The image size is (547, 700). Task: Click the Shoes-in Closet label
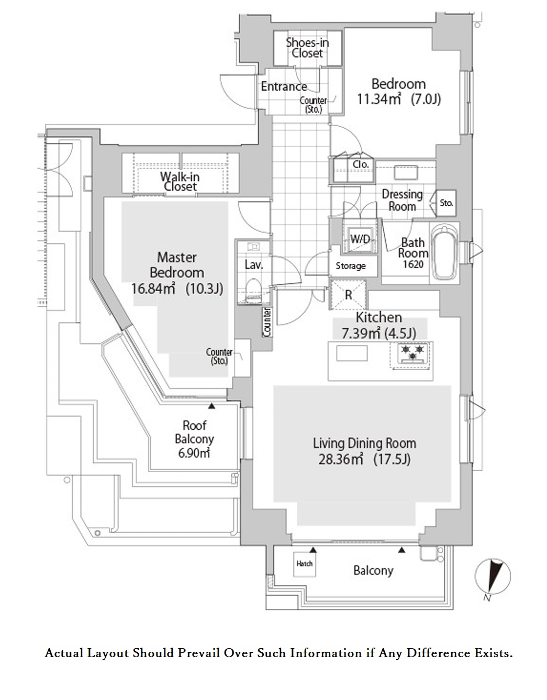pos(307,48)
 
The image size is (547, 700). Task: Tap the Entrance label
pos(284,86)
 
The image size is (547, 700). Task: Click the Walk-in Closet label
pos(180,181)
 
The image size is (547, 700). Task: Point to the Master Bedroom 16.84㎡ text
pos(177,273)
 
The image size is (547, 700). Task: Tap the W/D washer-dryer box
pos(360,239)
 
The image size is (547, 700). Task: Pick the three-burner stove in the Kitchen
pos(412,352)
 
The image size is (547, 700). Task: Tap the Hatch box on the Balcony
pos(305,564)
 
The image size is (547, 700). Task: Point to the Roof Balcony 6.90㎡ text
pos(194,439)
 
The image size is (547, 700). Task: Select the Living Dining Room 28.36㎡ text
pos(364,451)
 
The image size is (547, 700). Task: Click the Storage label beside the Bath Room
pos(351,266)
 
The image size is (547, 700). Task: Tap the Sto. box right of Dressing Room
pos(446,203)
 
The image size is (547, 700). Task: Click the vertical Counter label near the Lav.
pos(267,321)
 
